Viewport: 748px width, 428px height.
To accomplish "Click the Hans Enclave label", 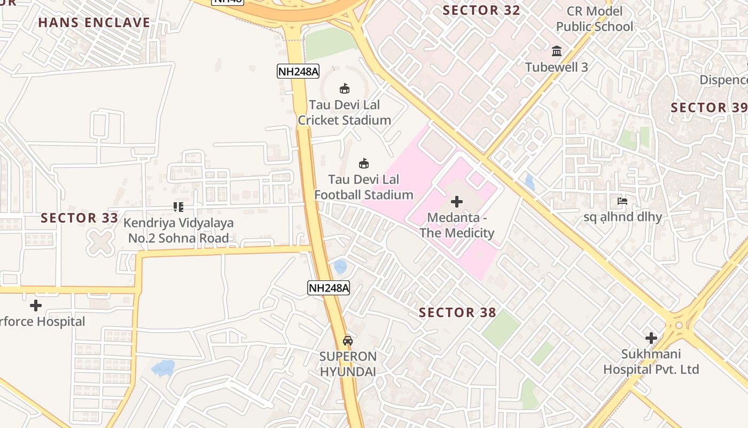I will click(x=94, y=22).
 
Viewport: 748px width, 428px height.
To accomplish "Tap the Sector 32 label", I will click(x=481, y=10).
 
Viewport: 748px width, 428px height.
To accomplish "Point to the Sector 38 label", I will click(x=457, y=312).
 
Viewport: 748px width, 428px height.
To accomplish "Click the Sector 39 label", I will click(x=708, y=108).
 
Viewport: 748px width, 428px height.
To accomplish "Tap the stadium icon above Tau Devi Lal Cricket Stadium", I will click(x=344, y=88).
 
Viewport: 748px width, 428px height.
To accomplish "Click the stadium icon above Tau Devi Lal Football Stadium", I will click(x=364, y=163).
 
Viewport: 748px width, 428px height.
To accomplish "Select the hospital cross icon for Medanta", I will click(x=456, y=202).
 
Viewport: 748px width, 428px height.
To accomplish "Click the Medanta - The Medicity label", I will click(x=457, y=225).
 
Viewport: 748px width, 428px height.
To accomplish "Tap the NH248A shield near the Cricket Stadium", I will click(x=298, y=71).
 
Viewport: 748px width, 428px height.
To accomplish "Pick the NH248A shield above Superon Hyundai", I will click(x=329, y=288).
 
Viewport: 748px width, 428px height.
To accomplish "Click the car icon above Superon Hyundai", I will click(x=348, y=340).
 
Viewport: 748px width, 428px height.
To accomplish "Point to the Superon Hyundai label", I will click(x=348, y=364).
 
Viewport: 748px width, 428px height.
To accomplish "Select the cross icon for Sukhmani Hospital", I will click(x=651, y=338).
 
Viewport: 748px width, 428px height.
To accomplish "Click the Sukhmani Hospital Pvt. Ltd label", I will click(x=651, y=362).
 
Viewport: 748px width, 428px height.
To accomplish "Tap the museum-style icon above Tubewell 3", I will click(x=557, y=51).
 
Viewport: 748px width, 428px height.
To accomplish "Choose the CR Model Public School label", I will click(x=594, y=19).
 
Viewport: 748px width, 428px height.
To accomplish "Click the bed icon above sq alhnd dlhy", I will click(x=622, y=201).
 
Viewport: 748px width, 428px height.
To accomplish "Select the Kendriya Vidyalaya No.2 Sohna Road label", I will click(x=178, y=231).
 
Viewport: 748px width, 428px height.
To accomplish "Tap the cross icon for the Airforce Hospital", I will click(x=36, y=305).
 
